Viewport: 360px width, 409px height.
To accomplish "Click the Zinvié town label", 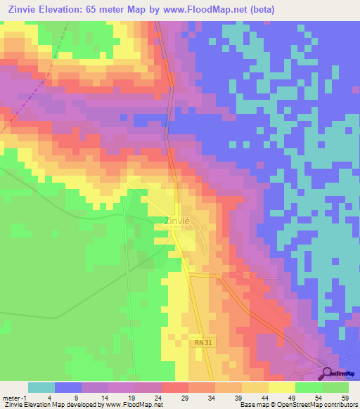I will tap(176, 221).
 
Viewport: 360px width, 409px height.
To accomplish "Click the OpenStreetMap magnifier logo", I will tap(328, 374).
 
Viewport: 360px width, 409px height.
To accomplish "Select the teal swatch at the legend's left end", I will tap(41, 387).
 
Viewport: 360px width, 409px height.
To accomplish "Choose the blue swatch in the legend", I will tap(68, 387).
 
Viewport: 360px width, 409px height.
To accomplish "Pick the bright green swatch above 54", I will tap(309, 387).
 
